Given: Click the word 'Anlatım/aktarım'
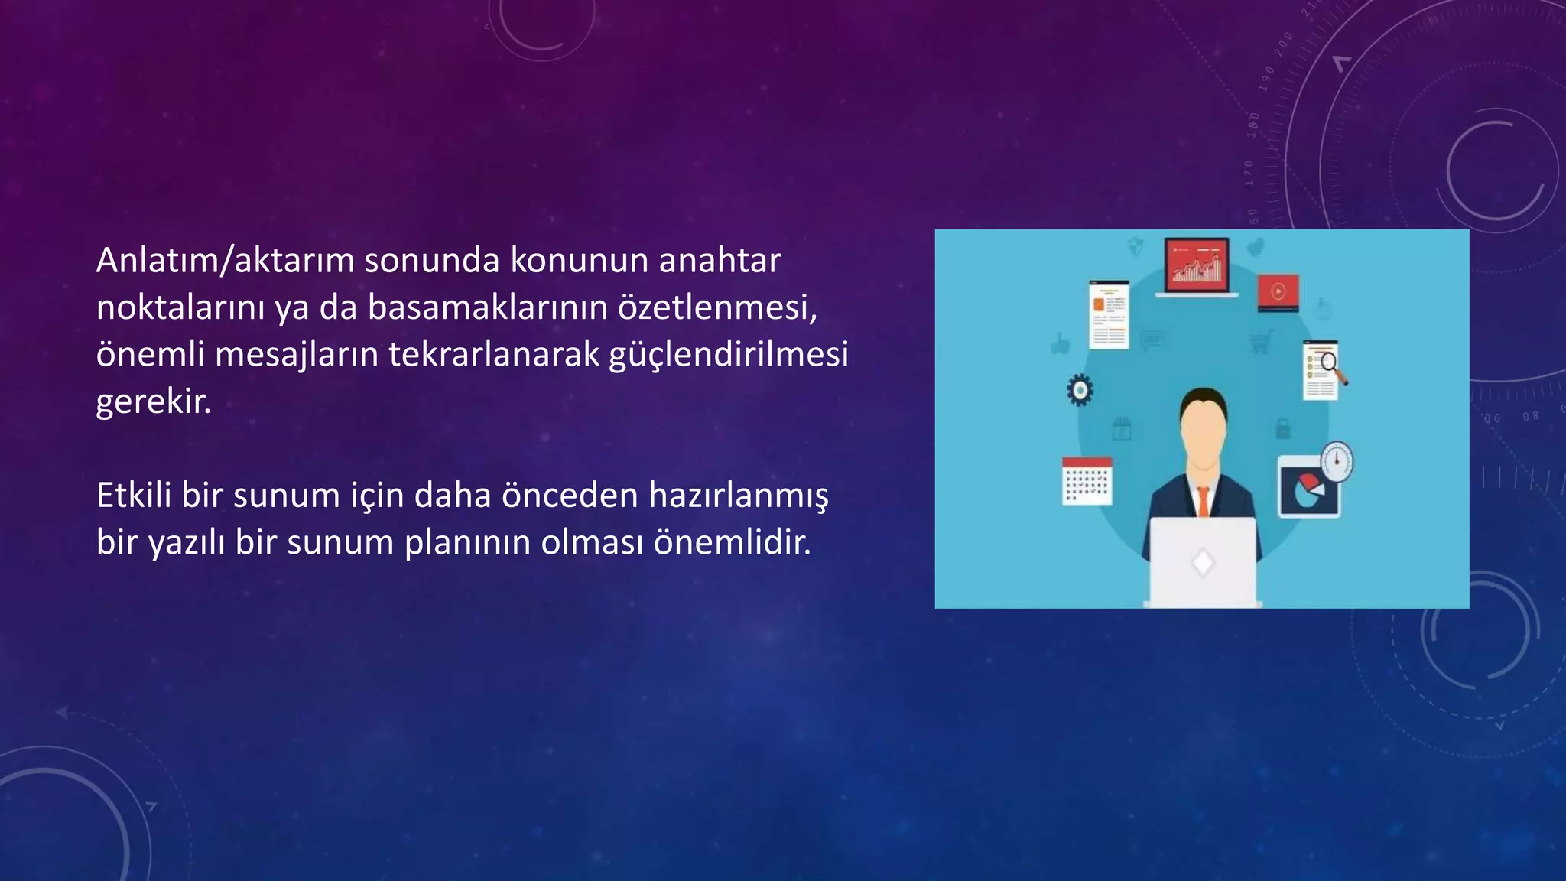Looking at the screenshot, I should [x=225, y=261].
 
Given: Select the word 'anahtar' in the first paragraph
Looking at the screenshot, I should [x=720, y=261].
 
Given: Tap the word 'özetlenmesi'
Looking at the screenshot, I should [x=717, y=307].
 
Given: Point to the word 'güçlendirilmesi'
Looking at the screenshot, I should [x=728, y=355].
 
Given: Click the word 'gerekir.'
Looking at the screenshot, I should [x=153, y=402].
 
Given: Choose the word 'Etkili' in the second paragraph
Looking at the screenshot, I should [x=133, y=496].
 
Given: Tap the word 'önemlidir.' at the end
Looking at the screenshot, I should [x=732, y=543].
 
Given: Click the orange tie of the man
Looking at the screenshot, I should [x=1203, y=502].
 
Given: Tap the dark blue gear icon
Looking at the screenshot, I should [x=1080, y=390].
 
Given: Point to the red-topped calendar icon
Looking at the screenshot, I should [x=1087, y=481].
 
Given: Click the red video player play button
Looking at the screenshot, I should [x=1278, y=291].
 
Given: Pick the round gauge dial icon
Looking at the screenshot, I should [x=1336, y=460].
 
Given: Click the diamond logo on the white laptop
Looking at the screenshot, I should [x=1203, y=563].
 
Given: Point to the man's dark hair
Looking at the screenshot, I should [x=1203, y=398].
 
